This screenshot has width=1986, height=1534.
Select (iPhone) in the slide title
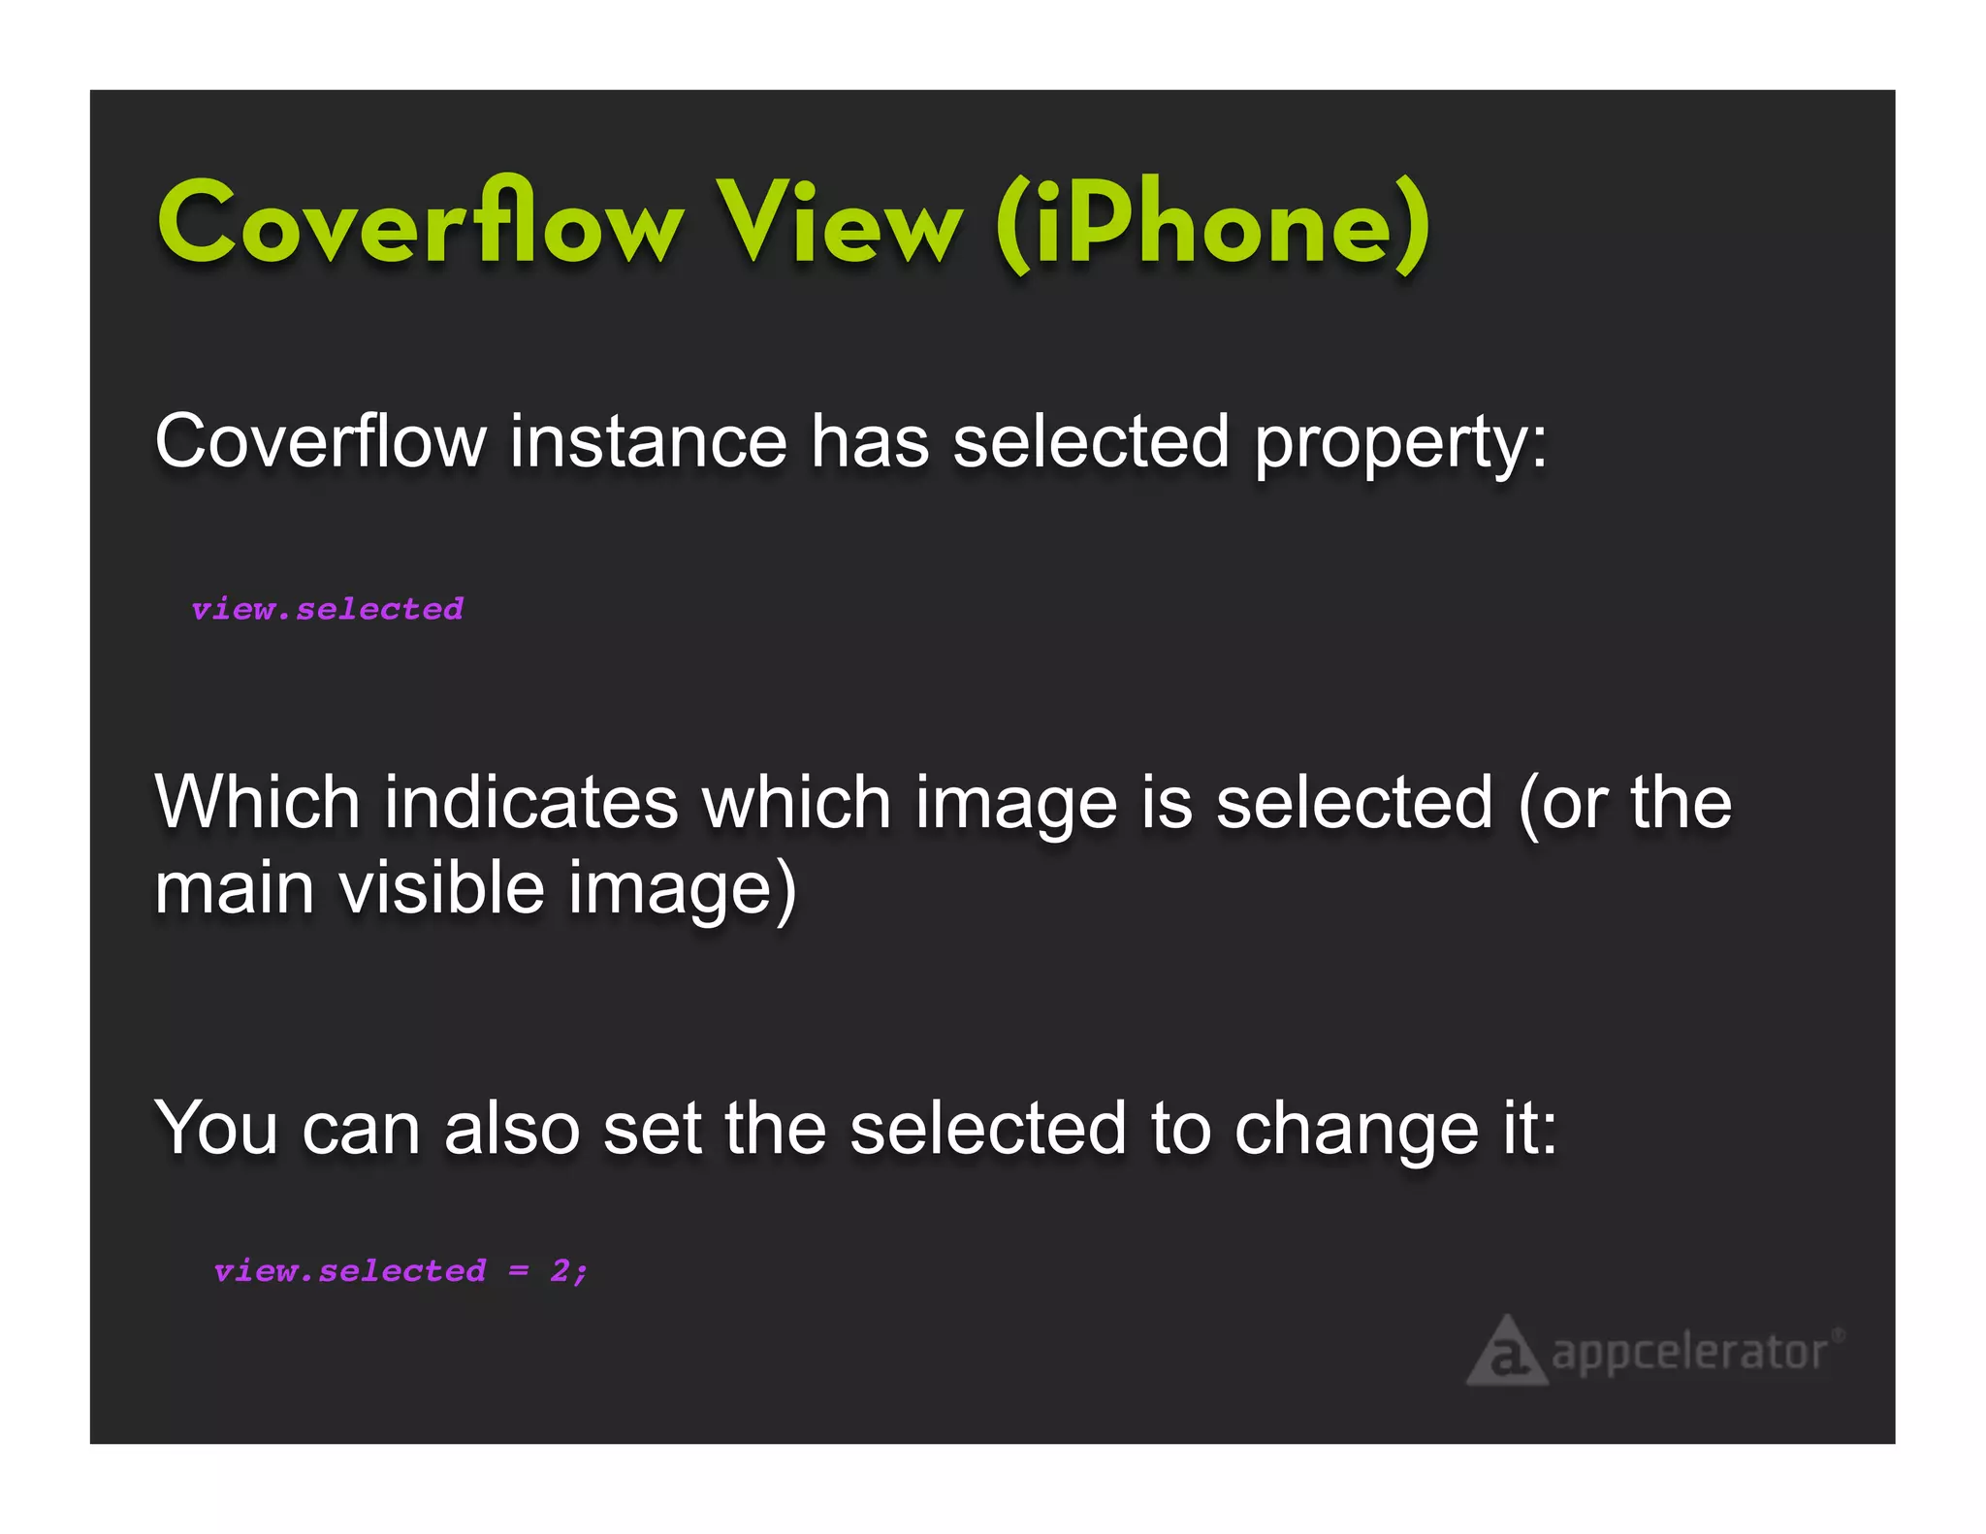(x=1212, y=225)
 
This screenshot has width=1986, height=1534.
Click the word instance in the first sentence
(x=647, y=442)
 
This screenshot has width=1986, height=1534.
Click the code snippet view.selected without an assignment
(x=327, y=609)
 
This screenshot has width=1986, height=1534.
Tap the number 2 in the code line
(x=561, y=1270)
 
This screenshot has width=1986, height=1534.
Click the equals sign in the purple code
(x=519, y=1271)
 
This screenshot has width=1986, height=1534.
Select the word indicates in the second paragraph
(x=531, y=803)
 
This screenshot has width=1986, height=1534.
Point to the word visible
(x=441, y=888)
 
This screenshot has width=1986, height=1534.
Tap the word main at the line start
(x=234, y=888)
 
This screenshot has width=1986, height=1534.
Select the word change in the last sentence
(x=1356, y=1131)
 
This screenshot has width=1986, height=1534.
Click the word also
(x=512, y=1129)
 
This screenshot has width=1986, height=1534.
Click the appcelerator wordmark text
(x=1688, y=1354)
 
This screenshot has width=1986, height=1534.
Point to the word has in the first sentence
(x=870, y=442)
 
